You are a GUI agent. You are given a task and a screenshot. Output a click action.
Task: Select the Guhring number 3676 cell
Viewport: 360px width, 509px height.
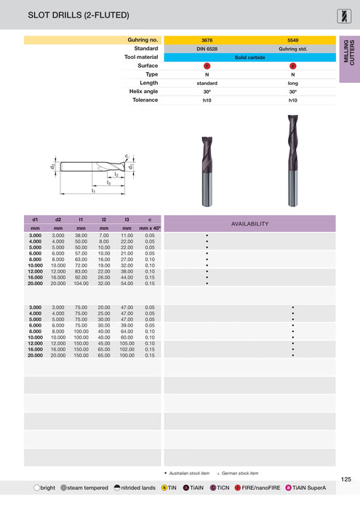coord(207,39)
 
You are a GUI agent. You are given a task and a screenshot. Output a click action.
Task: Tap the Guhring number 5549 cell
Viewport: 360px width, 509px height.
coord(292,39)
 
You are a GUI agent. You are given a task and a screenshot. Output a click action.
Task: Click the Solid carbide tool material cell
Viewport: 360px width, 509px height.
coord(249,57)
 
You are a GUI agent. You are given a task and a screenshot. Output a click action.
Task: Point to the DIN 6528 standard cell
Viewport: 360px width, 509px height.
coord(207,48)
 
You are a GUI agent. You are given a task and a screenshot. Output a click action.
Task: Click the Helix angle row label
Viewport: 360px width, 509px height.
coord(141,92)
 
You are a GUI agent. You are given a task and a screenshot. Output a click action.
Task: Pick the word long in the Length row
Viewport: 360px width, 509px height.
coord(292,83)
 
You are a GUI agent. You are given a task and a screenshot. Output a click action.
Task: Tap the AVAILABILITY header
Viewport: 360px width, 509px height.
coord(249,224)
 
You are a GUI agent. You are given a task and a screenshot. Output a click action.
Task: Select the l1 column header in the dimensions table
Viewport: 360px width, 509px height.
coord(81,219)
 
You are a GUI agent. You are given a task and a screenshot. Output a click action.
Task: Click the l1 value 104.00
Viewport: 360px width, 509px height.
coord(81,284)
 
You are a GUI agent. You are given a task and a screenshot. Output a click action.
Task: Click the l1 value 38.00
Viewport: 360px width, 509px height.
coord(81,236)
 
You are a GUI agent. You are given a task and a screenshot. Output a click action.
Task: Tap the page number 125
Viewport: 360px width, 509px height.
coord(346,479)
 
